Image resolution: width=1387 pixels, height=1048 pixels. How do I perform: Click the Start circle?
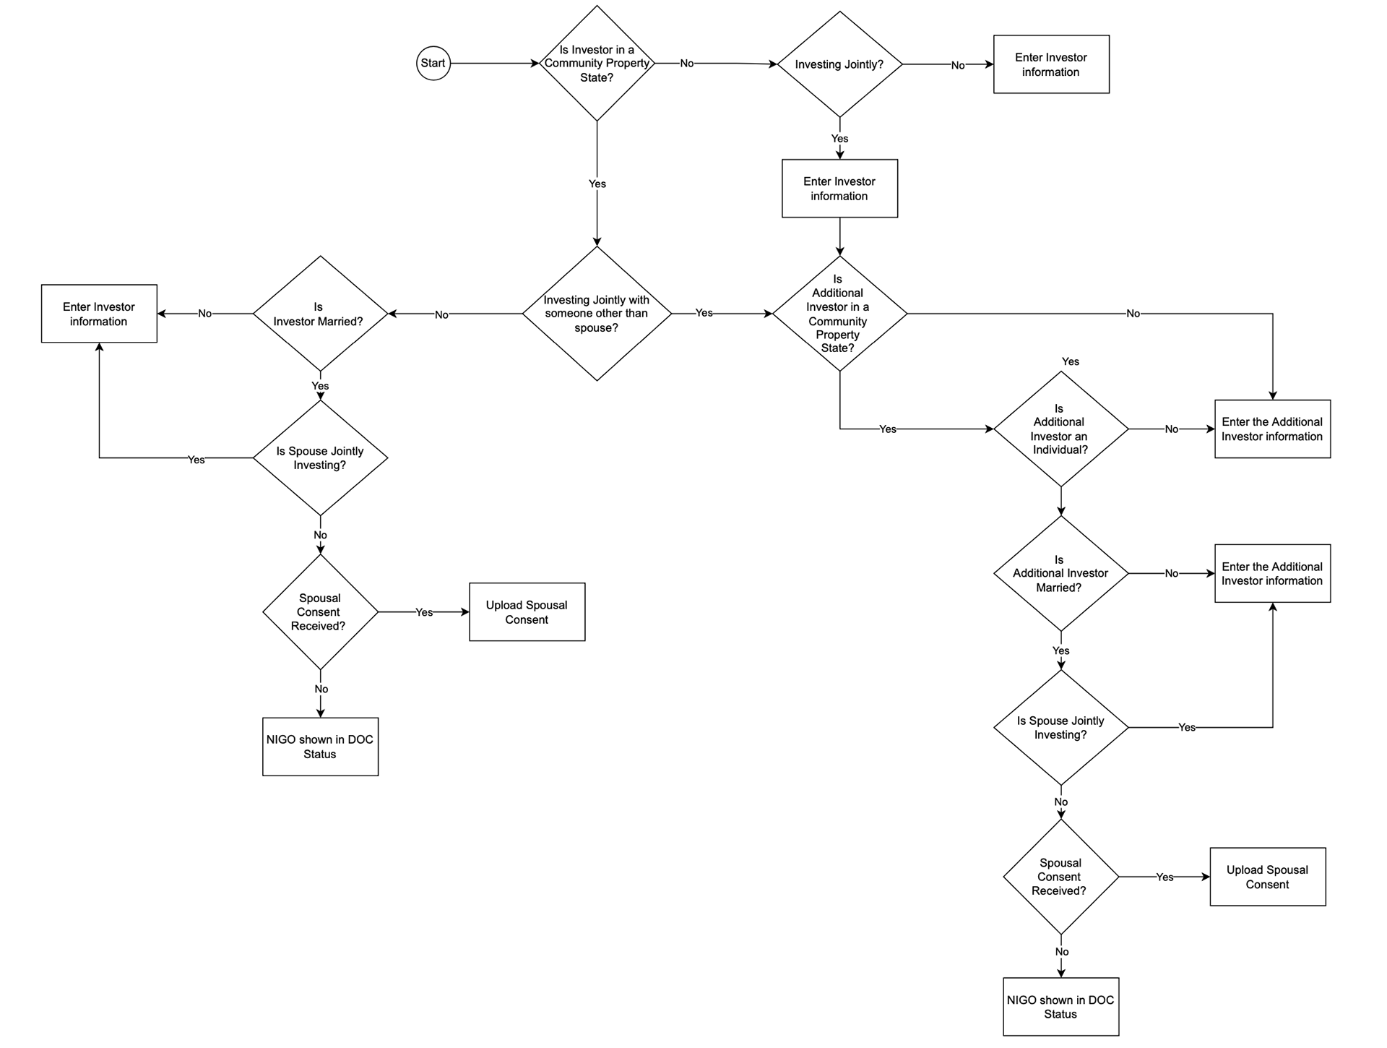click(433, 64)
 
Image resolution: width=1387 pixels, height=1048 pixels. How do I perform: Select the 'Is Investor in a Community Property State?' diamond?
click(597, 64)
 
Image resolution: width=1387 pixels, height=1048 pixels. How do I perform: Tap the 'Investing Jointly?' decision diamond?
click(839, 64)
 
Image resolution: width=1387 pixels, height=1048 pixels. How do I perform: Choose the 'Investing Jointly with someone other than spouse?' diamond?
click(597, 314)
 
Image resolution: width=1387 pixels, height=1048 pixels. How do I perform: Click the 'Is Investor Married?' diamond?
click(320, 314)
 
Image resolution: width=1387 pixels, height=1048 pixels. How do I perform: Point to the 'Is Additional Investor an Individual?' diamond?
click(1060, 429)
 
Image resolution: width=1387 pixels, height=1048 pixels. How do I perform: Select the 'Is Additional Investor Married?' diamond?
click(1060, 573)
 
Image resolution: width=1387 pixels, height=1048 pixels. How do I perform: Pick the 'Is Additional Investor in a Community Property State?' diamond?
click(839, 314)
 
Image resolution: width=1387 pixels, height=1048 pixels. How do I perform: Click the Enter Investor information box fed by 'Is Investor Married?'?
click(99, 314)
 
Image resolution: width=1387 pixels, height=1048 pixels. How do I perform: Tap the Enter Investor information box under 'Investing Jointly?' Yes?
click(839, 189)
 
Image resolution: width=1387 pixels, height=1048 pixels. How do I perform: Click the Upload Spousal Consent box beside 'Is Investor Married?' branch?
click(527, 612)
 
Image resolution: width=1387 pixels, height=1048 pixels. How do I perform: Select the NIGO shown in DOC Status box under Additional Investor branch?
click(1060, 1007)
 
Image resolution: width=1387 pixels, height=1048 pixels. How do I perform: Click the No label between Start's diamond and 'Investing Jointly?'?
click(686, 64)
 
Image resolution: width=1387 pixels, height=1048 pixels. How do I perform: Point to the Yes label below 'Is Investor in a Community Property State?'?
click(597, 184)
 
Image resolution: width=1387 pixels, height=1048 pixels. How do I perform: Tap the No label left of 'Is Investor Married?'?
click(205, 314)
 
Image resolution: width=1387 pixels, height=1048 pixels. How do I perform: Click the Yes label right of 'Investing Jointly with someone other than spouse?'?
click(704, 313)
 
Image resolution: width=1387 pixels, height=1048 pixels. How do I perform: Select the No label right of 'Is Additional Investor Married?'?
click(1171, 573)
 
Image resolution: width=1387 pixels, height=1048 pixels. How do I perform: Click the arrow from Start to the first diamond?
click(495, 64)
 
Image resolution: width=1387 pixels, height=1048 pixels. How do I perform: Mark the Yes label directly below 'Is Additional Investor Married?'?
click(1060, 650)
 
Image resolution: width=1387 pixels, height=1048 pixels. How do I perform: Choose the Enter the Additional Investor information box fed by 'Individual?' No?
click(1272, 429)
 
